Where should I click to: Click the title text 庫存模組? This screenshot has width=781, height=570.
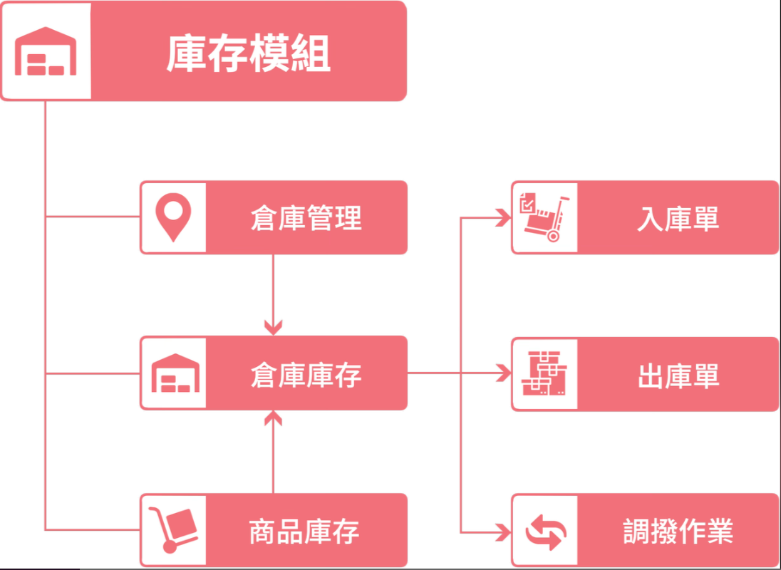click(x=249, y=54)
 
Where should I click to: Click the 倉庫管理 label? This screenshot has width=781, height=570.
click(x=306, y=218)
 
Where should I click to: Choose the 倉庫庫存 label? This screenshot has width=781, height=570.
click(x=306, y=374)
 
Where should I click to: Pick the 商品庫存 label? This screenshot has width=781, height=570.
click(x=304, y=532)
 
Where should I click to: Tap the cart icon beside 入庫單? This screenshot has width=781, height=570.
click(x=545, y=218)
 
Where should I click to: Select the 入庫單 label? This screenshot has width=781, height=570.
click(x=678, y=218)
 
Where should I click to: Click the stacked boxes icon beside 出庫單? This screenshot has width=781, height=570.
click(x=545, y=374)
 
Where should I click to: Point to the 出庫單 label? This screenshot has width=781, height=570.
click(x=678, y=375)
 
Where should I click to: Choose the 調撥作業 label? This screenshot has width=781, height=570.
click(x=678, y=532)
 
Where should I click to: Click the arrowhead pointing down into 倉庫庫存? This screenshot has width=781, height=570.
click(x=274, y=328)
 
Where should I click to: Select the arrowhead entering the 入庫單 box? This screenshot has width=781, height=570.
click(x=505, y=218)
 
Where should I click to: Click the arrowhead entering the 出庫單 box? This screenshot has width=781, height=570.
click(x=505, y=373)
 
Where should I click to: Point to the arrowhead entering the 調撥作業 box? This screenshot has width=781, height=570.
click(x=505, y=532)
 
